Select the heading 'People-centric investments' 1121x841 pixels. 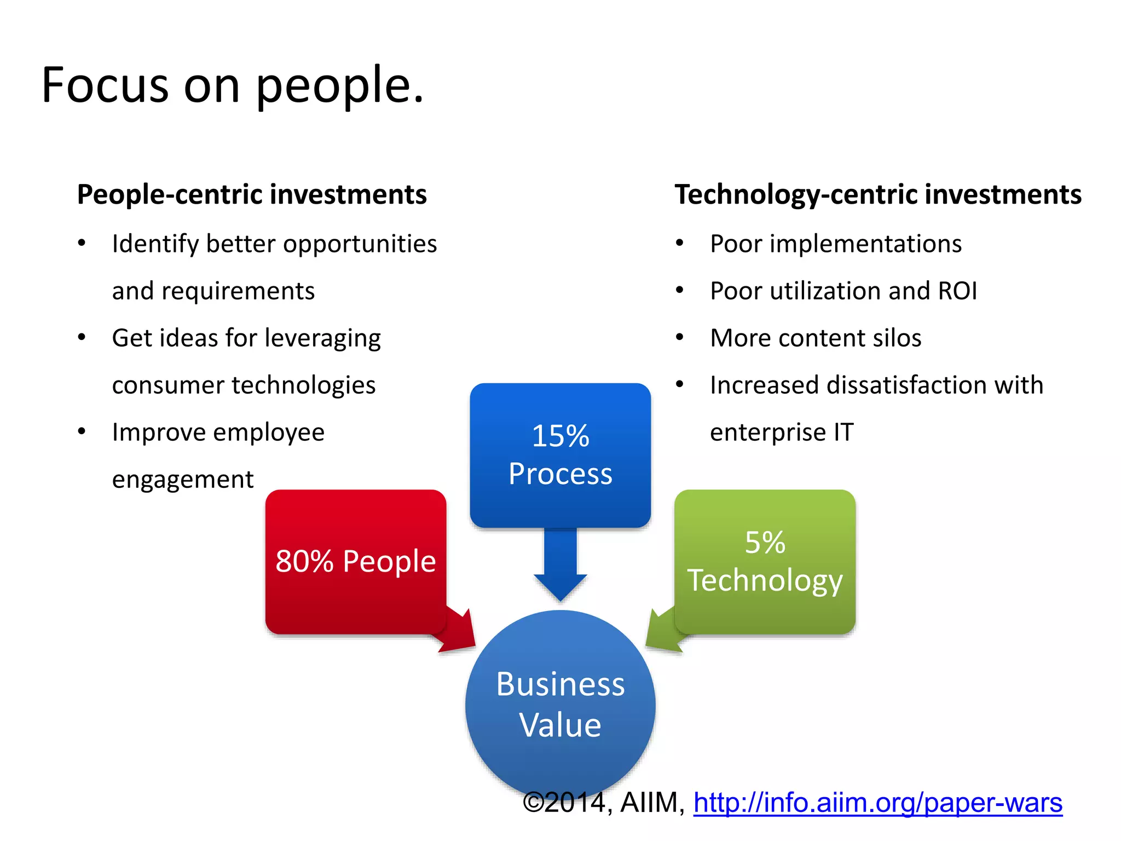[252, 194]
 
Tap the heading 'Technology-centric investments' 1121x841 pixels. [878, 194]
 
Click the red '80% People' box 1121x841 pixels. [356, 561]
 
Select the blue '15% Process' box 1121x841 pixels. [560, 454]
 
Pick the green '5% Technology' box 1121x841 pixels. [765, 561]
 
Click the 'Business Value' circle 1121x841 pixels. [560, 704]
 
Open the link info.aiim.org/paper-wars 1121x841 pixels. [878, 803]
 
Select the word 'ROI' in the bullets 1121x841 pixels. [957, 291]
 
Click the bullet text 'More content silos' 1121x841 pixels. [816, 338]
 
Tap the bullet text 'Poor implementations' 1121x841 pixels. [836, 244]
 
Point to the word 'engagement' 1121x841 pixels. [183, 480]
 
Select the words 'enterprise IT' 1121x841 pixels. [782, 433]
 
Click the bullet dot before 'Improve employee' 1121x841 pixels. [82, 431]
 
